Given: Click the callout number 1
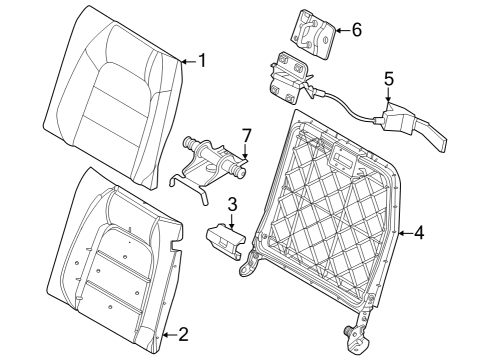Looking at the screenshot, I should coord(202,60).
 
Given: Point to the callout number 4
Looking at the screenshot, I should coord(419,234).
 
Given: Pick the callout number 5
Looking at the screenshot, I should coord(389,76).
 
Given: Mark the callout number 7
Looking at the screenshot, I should coord(246,135).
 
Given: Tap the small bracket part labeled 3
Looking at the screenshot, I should coord(224,241).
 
